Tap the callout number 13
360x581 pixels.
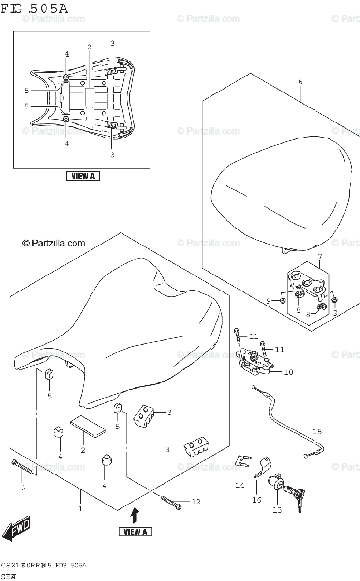pos(277,510)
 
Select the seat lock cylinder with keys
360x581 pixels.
pos(285,486)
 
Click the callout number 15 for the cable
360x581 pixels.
pos(316,431)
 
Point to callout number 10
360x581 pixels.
pos(288,372)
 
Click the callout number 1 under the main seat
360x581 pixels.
pos(80,509)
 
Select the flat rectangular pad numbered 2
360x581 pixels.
pos(88,428)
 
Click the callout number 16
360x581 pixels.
pos(256,500)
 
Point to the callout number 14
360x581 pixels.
pos(240,485)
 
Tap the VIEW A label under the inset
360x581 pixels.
pos(83,176)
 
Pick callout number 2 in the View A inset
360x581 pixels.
pos(90,47)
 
